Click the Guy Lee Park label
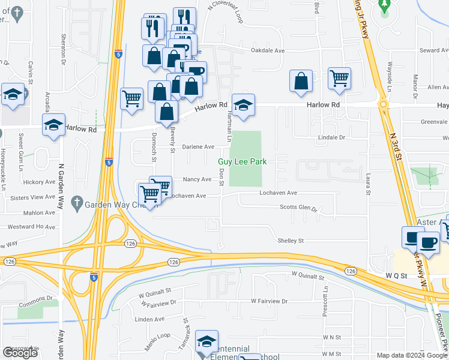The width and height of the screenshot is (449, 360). pyautogui.click(x=242, y=162)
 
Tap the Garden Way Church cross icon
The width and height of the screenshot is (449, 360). pyautogui.click(x=76, y=203)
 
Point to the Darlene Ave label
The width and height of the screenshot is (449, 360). pyautogui.click(x=199, y=146)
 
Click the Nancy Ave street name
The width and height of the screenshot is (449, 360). pyautogui.click(x=197, y=179)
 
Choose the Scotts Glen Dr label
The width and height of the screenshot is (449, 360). pyautogui.click(x=298, y=208)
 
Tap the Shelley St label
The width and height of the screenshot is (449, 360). pyautogui.click(x=291, y=241)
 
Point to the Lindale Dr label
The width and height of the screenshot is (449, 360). pyautogui.click(x=333, y=137)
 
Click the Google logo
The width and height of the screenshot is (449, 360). pyautogui.click(x=20, y=353)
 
